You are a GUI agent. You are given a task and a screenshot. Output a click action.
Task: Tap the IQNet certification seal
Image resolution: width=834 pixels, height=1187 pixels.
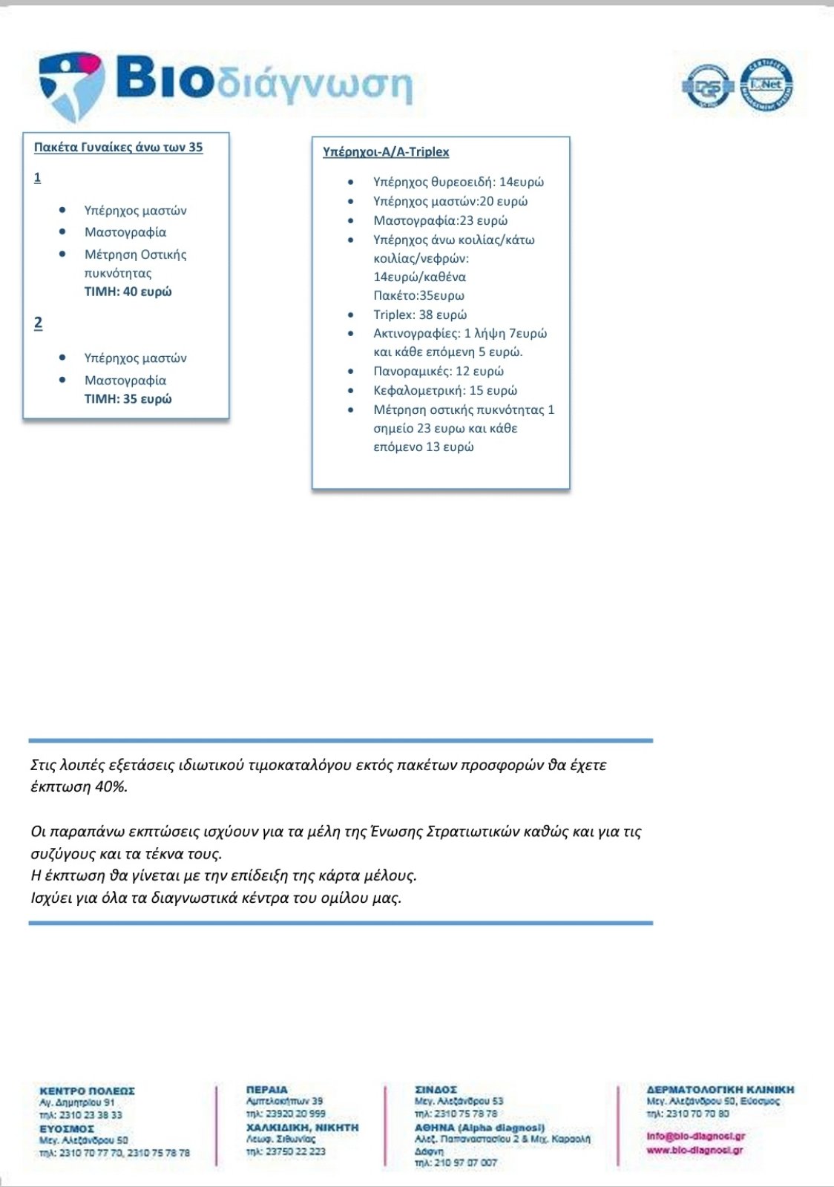(x=766, y=85)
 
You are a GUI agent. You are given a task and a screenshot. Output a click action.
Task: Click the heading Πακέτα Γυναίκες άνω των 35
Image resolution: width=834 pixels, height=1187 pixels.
(x=118, y=147)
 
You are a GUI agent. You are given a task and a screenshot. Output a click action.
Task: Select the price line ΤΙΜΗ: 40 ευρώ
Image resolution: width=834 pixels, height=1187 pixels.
(x=128, y=292)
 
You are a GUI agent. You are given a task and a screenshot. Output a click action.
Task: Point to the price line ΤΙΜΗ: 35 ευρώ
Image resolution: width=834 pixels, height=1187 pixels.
(x=128, y=399)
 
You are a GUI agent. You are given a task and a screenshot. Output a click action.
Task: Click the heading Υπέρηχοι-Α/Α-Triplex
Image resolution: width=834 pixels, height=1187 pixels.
(x=386, y=152)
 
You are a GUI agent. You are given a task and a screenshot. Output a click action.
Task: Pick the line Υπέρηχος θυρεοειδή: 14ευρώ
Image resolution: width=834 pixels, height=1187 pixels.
(x=458, y=182)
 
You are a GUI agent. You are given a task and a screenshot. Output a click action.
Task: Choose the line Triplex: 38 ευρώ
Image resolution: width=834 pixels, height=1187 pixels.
(x=420, y=315)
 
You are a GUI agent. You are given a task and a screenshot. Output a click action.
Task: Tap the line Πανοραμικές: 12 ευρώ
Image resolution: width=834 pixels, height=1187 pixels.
(x=439, y=371)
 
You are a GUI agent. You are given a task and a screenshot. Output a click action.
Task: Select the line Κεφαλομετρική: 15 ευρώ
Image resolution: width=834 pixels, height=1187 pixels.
(x=445, y=390)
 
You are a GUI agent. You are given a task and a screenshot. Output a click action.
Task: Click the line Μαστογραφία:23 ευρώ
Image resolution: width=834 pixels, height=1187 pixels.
(x=440, y=220)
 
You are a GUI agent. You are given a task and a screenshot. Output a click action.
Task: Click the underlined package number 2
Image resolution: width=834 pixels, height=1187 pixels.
(x=38, y=323)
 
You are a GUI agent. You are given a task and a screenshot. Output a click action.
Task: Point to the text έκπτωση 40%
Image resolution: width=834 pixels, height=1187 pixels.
(x=79, y=787)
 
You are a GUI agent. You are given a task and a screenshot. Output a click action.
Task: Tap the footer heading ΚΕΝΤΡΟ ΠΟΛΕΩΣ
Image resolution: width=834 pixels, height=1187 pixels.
(x=87, y=1091)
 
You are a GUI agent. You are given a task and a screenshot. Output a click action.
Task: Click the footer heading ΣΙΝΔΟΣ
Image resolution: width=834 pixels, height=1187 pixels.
(x=436, y=1089)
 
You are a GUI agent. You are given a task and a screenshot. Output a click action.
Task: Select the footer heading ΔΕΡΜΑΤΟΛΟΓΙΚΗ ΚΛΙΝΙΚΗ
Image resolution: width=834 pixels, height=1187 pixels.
(x=720, y=1089)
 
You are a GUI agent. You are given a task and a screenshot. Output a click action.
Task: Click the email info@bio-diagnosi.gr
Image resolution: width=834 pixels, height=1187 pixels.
(x=695, y=1136)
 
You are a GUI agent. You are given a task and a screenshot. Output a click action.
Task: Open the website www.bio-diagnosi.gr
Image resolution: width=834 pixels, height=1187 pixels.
(x=695, y=1150)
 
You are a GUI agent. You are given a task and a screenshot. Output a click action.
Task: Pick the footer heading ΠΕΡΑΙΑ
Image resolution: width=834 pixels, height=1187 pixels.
(x=266, y=1089)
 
